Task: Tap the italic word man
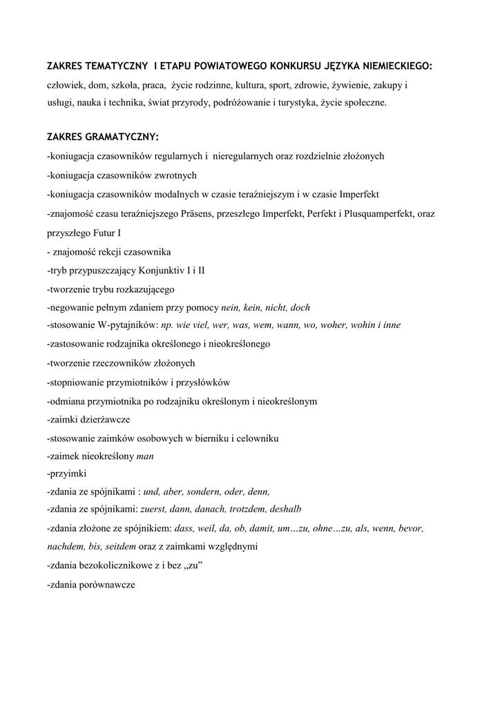tap(146, 456)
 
